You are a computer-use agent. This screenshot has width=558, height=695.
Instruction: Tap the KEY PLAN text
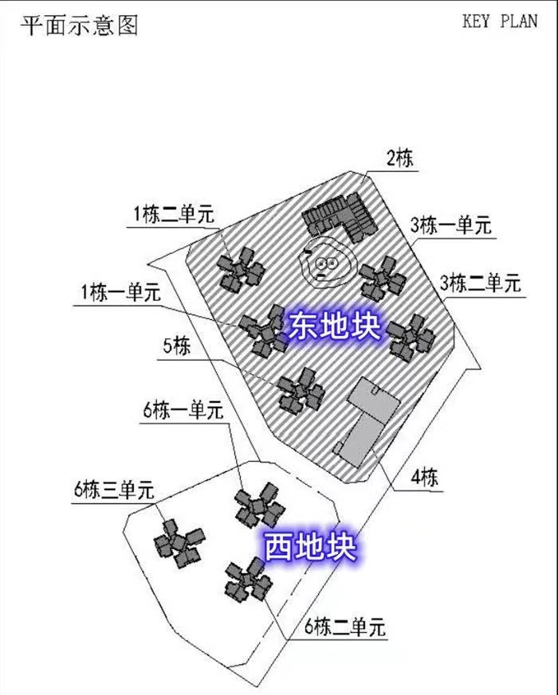pyautogui.click(x=500, y=21)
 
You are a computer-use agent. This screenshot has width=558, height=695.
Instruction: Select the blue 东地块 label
pyautogui.click(x=335, y=327)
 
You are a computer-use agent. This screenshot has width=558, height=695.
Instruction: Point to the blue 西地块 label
pyautogui.click(x=309, y=547)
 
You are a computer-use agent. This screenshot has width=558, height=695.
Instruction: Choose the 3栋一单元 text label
pyautogui.click(x=451, y=225)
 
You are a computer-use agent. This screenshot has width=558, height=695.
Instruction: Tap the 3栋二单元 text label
pyautogui.click(x=481, y=282)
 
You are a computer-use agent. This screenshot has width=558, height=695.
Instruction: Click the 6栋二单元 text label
pyautogui.click(x=346, y=627)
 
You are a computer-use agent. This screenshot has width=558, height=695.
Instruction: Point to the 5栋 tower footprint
pyautogui.click(x=301, y=390)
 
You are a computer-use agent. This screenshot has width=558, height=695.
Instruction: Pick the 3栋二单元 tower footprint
pyautogui.click(x=411, y=336)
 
